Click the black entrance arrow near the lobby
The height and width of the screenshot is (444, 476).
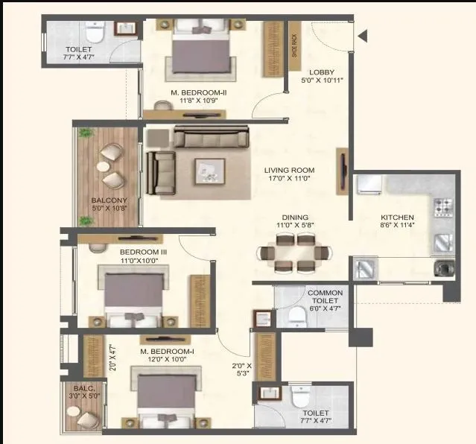(x=363, y=36)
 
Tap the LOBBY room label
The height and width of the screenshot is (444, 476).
(x=321, y=72)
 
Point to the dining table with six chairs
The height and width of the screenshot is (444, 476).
(x=294, y=254)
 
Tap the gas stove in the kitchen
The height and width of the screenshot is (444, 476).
(x=442, y=204)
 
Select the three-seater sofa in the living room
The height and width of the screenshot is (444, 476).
(x=212, y=139)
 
